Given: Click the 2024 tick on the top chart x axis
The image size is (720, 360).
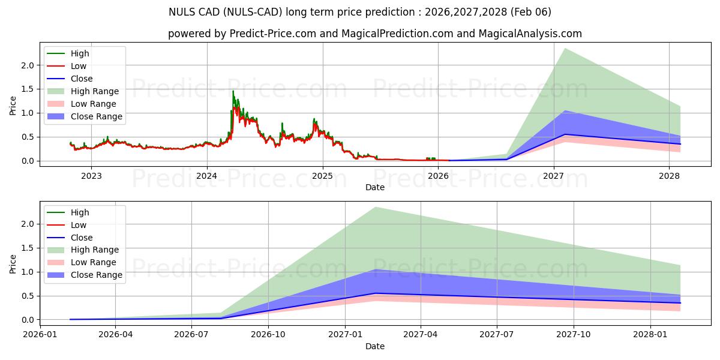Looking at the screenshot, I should (207, 175).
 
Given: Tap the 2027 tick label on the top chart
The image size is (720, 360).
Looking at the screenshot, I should (554, 175).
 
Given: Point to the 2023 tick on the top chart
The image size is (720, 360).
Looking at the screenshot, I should (91, 175).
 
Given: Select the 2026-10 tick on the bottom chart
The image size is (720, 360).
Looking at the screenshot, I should (268, 334).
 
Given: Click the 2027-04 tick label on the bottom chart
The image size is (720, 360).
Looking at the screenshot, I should (421, 334).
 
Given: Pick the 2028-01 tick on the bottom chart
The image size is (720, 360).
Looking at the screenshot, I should (650, 334).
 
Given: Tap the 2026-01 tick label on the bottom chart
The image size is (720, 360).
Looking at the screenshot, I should (40, 334).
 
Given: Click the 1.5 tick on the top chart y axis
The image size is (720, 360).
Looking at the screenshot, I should (28, 89).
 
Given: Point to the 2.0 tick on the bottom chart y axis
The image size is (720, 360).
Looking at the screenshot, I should (28, 224).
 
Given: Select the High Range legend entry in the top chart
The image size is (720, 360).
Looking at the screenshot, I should (95, 91).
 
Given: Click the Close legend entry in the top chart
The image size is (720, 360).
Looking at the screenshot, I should (82, 79).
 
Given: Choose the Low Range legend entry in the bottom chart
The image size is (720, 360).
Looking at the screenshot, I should (94, 262).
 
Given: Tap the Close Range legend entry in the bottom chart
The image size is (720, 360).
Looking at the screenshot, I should (96, 275).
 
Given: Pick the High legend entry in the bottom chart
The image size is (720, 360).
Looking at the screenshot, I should (80, 212).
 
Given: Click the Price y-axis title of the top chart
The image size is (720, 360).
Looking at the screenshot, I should (13, 106).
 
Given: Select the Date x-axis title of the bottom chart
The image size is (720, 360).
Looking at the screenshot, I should (375, 346).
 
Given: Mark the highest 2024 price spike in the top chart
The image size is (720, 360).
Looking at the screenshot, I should (233, 91).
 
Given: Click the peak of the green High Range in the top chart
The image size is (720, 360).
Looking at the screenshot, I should (565, 48).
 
